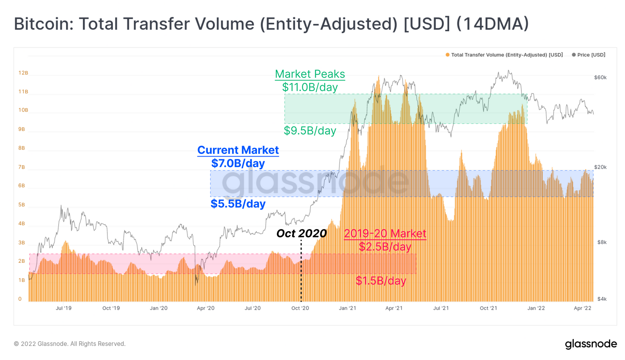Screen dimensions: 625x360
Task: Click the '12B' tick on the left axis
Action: tap(23, 73)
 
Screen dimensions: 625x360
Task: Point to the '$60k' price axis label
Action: tap(600, 78)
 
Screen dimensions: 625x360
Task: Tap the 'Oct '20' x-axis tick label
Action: tap(300, 308)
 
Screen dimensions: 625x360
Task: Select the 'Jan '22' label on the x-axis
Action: tap(536, 308)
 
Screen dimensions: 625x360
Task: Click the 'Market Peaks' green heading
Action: tap(310, 74)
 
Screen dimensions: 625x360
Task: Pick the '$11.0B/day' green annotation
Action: tap(310, 87)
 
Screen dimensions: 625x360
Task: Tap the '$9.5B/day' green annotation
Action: tap(310, 130)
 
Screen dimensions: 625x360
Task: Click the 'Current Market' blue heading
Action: tap(238, 150)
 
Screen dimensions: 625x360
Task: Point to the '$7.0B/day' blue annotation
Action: tap(238, 163)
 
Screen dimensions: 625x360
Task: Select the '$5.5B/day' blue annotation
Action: tap(238, 204)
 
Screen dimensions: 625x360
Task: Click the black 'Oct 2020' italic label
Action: tap(301, 233)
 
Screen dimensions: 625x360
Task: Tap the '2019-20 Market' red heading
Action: tap(385, 233)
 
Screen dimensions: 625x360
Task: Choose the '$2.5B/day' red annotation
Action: tap(385, 247)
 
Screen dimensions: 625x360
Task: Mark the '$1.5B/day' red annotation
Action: tap(381, 281)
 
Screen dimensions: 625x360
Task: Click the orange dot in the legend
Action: tap(448, 55)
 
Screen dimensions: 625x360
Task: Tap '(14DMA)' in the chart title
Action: tap(493, 24)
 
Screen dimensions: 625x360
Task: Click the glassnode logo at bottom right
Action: tap(591, 344)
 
